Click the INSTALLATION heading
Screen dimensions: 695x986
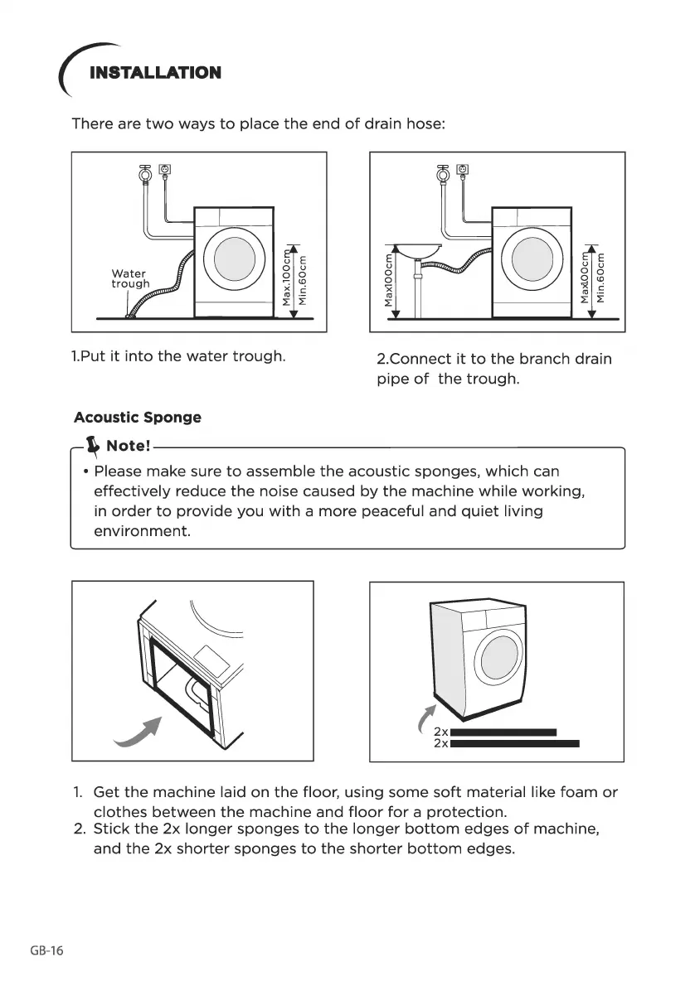(x=155, y=73)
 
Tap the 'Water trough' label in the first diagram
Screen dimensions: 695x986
(x=129, y=278)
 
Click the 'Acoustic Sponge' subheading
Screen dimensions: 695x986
(x=137, y=417)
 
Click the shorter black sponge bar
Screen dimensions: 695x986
(x=503, y=732)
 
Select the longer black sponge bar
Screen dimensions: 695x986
(x=514, y=743)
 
